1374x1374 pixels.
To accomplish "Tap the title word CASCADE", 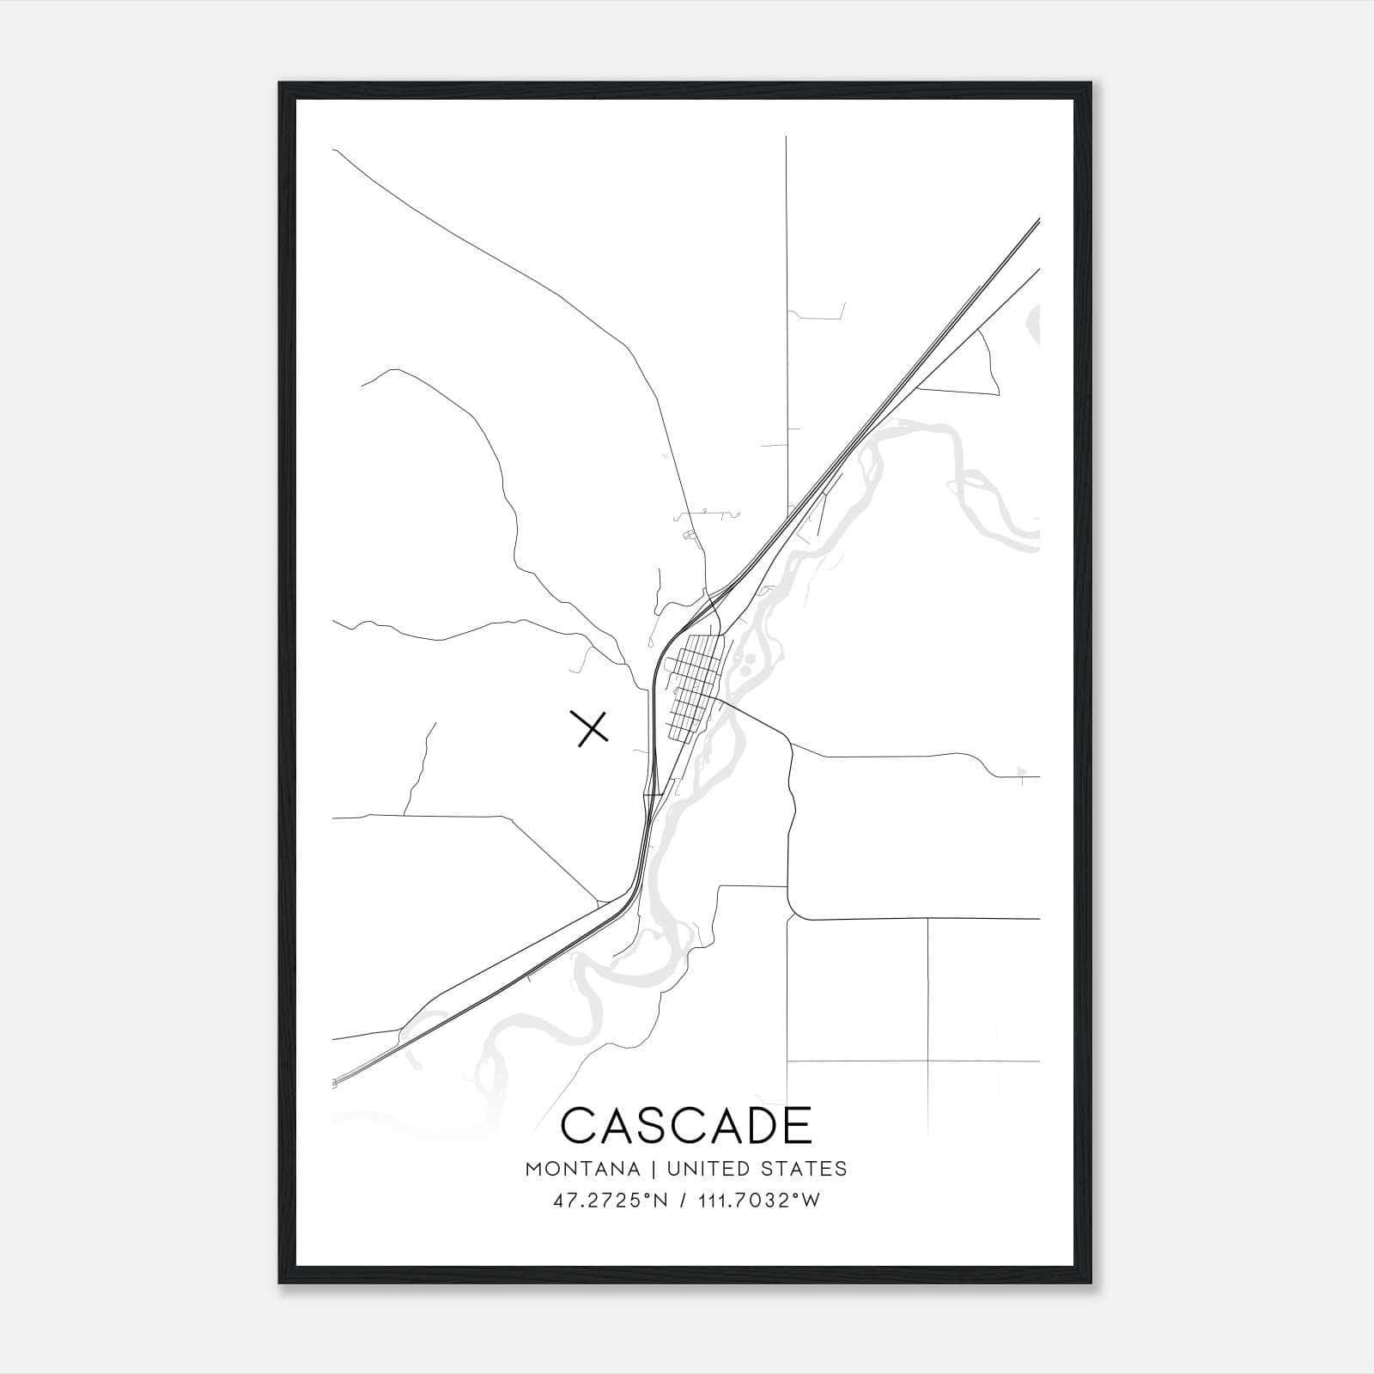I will click(x=686, y=1125).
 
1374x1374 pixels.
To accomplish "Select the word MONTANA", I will click(x=582, y=1169).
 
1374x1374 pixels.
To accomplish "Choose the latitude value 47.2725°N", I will click(x=611, y=1201).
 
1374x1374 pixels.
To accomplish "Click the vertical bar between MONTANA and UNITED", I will click(x=654, y=1169).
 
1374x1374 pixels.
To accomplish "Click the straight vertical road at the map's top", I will click(x=786, y=258).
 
